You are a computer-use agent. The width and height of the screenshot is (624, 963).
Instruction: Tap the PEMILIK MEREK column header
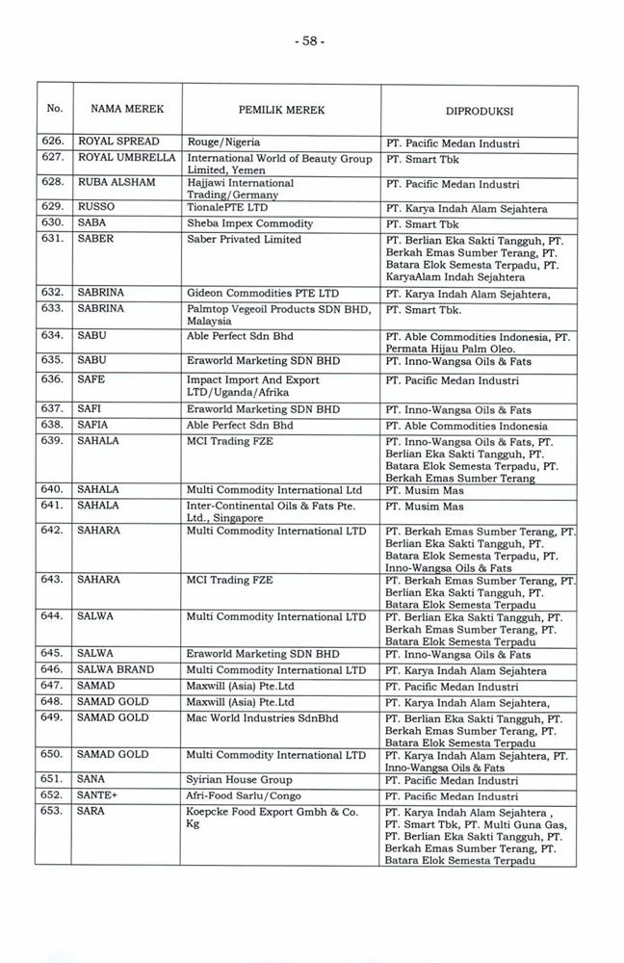281,110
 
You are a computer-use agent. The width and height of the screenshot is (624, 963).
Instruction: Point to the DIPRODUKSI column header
479,111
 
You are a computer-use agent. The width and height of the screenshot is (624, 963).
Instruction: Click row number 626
53,143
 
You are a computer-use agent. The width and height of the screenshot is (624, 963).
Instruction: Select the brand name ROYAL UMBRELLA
126,156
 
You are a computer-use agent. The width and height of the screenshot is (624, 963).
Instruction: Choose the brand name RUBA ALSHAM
116,181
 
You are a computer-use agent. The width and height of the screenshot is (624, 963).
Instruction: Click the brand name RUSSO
95,207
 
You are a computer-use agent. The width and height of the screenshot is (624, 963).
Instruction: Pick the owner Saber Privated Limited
244,239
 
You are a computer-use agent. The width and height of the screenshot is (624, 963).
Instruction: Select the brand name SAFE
91,379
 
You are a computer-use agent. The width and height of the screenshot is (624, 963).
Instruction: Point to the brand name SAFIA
92,425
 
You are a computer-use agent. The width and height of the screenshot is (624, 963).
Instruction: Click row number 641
53,505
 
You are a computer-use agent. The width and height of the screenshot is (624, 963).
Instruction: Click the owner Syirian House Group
239,779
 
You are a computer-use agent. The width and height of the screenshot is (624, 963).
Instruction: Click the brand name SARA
91,812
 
